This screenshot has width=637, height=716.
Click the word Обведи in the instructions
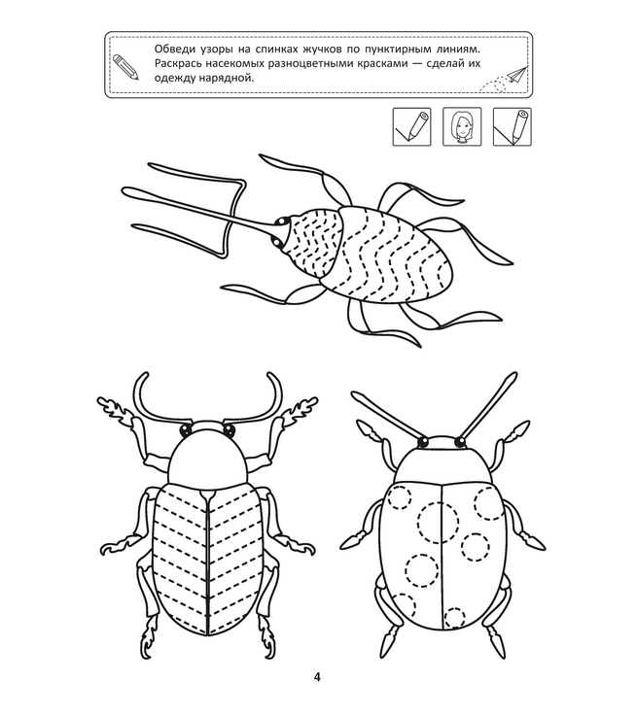(x=171, y=50)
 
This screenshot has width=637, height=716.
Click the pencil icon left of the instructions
(x=125, y=67)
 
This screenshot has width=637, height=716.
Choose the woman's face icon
(x=462, y=127)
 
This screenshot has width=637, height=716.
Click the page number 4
(x=317, y=677)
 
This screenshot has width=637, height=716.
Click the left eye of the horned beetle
(x=186, y=429)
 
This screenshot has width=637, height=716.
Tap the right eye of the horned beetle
(x=229, y=429)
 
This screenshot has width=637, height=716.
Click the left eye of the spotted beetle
(x=423, y=442)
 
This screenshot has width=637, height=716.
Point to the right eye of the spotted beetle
(x=459, y=442)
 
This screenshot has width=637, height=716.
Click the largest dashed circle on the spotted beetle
(x=438, y=523)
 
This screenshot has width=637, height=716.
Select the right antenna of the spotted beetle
(x=487, y=405)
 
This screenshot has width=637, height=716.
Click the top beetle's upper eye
(x=279, y=222)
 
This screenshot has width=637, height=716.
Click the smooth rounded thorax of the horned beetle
(x=208, y=461)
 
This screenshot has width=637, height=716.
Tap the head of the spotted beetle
(x=441, y=443)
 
